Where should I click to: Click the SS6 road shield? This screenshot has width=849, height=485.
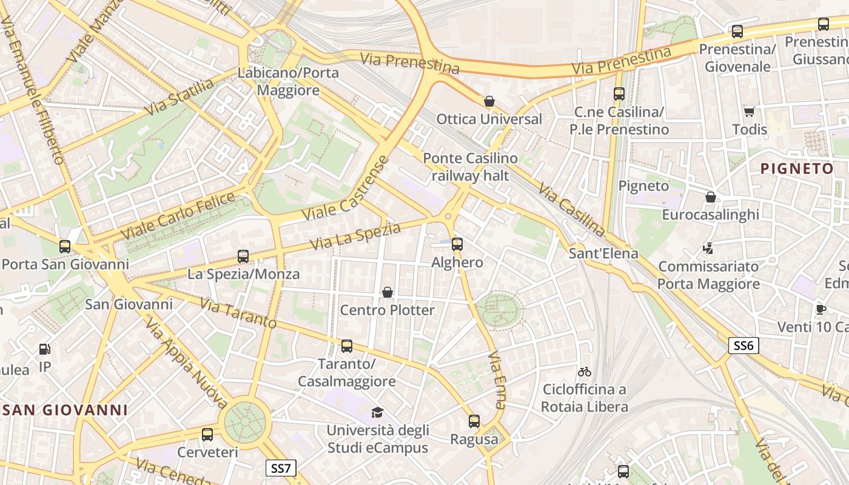coord(743,346)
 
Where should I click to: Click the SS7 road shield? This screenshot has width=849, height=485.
coord(281,468)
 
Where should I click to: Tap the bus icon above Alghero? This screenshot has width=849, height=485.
coord(457,244)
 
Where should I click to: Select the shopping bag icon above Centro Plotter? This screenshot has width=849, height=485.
coord(388,293)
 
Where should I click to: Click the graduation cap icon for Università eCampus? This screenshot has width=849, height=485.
coord(377,413)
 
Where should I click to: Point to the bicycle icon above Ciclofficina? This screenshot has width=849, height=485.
coord(584,372)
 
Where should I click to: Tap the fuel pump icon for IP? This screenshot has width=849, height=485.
coord(44,349)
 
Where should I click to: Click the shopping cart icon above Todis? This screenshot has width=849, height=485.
coord(750,112)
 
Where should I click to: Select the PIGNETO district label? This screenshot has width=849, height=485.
coord(797,169)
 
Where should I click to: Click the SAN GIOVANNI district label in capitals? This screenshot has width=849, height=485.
coord(65,410)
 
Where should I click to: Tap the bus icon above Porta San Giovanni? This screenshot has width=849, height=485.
coord(65,247)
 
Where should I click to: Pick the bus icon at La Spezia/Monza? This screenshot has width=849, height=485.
coord(243,256)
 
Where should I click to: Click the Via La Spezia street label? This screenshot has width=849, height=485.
coord(355,236)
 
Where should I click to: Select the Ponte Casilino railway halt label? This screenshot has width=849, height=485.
coord(470,167)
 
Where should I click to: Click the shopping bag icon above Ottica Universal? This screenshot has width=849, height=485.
coord(489,101)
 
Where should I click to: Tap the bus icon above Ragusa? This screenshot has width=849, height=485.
coord(474,421)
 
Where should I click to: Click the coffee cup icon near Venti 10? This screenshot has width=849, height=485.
coord(820,309)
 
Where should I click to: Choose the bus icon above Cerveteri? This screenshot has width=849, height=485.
coord(207,435)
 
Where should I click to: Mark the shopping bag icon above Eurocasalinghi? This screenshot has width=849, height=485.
coord(710,197)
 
